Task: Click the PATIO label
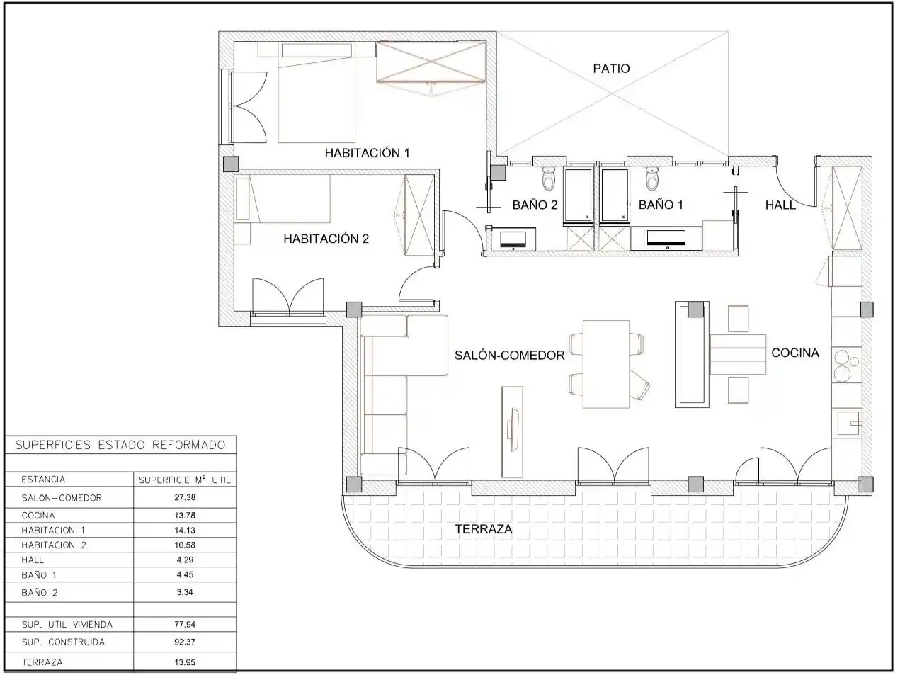(x=611, y=69)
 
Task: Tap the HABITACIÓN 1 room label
(x=367, y=153)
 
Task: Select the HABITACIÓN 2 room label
(x=326, y=239)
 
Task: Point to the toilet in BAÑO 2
(x=548, y=178)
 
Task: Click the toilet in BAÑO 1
(x=651, y=178)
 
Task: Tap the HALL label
(x=780, y=205)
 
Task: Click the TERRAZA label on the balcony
(x=484, y=529)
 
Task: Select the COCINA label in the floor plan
(x=795, y=353)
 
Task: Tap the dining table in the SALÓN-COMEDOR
(x=606, y=364)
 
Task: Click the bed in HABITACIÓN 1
(x=316, y=93)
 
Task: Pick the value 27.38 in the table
(x=185, y=497)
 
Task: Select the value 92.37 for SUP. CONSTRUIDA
(x=185, y=642)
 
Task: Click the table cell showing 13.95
(x=185, y=662)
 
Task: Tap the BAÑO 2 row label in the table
(x=40, y=593)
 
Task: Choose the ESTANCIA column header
(x=43, y=480)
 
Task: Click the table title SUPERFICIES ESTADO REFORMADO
(x=120, y=445)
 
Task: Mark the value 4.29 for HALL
(x=185, y=560)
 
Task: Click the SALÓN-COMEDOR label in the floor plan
(x=509, y=355)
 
